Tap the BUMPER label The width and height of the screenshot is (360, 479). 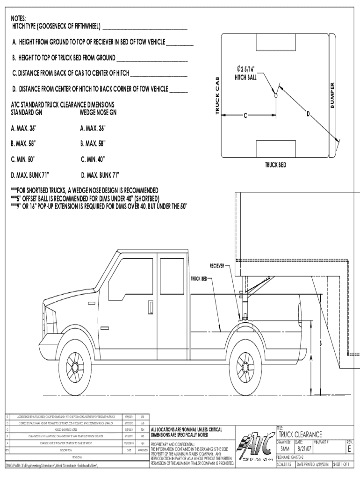332,96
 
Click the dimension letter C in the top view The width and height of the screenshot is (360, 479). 245,116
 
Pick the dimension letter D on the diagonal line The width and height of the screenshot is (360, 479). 308,113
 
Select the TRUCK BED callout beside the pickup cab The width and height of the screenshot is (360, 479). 198,279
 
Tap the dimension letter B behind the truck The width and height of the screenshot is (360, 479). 320,344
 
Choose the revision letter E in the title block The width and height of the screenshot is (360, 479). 350,449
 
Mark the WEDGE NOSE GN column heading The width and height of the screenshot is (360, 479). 98,113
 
